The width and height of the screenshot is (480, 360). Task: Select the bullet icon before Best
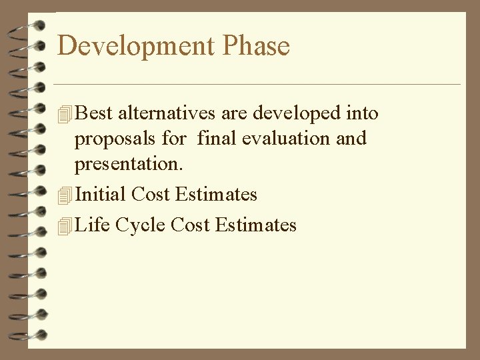point(65,115)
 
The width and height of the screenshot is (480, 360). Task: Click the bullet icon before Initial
point(65,195)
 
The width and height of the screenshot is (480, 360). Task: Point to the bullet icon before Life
point(65,227)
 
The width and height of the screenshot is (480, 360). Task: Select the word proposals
point(114,140)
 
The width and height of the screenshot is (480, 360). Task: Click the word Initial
point(102,194)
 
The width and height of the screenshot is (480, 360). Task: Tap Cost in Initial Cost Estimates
point(153,194)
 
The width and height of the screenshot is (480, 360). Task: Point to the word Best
point(95,114)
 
